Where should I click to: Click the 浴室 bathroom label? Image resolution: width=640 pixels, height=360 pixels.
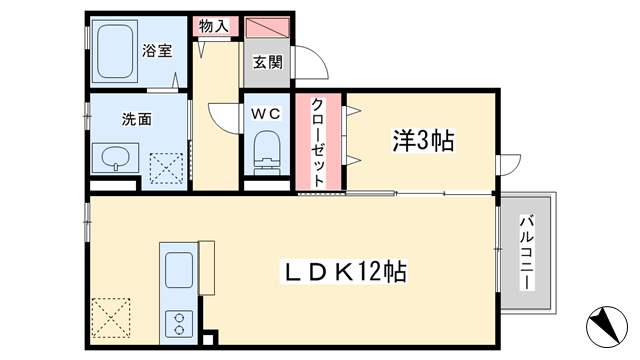157,51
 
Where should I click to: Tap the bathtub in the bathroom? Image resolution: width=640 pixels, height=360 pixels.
115,50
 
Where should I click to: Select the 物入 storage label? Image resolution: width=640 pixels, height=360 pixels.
213,27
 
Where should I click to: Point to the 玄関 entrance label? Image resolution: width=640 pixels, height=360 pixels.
267,62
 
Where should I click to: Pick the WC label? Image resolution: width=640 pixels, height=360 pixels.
266,113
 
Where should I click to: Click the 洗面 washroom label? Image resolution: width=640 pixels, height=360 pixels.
136,119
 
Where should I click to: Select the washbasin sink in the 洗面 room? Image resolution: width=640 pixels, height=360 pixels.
116,158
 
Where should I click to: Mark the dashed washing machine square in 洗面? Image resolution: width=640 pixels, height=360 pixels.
166,168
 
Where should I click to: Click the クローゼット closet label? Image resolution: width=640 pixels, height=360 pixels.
318,142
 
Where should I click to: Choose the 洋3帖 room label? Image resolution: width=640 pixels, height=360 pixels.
423,140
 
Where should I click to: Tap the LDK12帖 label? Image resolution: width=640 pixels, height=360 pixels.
344,271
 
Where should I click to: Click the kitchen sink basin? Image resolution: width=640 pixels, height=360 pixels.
179,270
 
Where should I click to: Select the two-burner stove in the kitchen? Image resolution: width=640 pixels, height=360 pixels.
179,324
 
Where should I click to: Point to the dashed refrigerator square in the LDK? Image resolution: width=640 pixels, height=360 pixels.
111,318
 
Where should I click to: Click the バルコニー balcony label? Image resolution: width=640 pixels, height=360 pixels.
527,253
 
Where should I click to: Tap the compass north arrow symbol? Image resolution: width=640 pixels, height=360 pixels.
607,327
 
